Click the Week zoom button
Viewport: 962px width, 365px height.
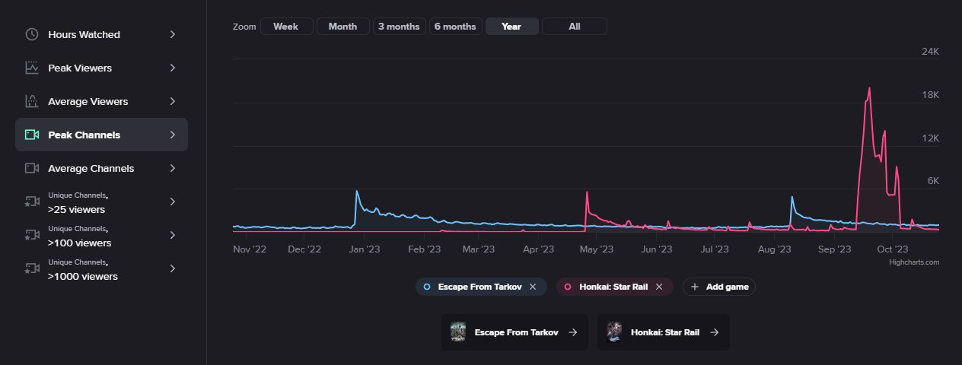[285, 27]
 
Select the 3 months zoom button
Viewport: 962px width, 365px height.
[399, 27]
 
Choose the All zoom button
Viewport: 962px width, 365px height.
[574, 27]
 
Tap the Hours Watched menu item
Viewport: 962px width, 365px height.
[84, 35]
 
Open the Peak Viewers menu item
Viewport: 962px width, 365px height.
[80, 68]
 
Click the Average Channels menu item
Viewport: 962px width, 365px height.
[91, 169]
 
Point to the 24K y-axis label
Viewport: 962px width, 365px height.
[930, 52]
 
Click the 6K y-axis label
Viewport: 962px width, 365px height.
[932, 181]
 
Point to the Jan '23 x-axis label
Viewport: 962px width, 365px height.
[365, 249]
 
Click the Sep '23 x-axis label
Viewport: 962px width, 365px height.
[834, 249]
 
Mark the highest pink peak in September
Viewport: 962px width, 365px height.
[869, 88]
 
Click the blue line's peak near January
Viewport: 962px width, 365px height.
[356, 191]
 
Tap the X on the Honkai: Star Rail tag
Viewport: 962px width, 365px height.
[659, 287]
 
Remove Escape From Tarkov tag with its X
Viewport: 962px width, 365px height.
[533, 287]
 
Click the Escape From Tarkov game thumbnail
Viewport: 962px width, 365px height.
[458, 332]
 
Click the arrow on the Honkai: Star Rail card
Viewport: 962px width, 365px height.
[713, 332]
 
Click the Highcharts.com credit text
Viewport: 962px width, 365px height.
[914, 262]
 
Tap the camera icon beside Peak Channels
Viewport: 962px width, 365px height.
[32, 135]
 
